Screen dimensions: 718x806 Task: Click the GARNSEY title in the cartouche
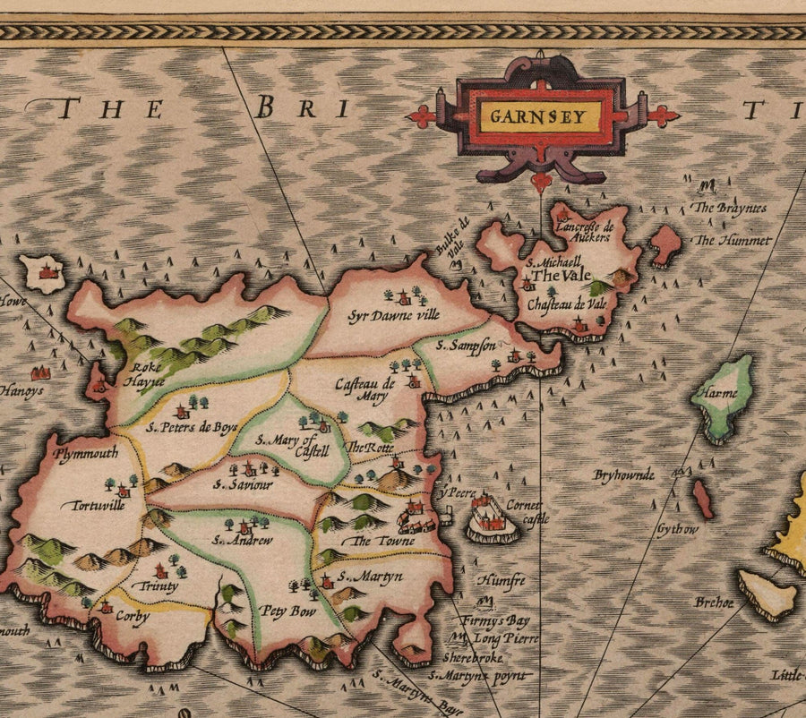[x=538, y=115]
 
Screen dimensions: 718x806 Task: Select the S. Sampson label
[x=466, y=346]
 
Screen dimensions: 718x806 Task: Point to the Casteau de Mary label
[x=363, y=390]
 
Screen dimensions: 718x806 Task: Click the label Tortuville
[x=92, y=505]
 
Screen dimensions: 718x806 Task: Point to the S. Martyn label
[x=370, y=577]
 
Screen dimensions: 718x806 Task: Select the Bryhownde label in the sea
[x=624, y=474]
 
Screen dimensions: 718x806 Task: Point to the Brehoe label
[x=714, y=603]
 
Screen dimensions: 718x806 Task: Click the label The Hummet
[x=733, y=240]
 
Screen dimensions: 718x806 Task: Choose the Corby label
[x=132, y=617]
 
